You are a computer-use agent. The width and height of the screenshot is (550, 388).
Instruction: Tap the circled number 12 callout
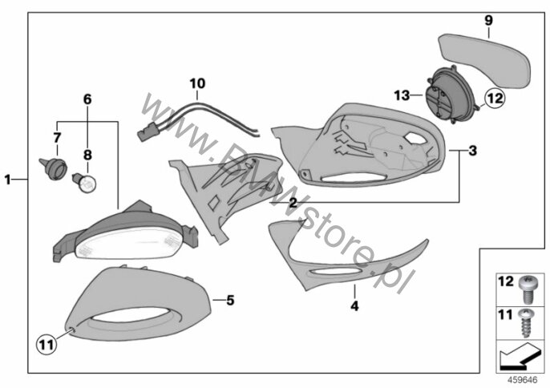[495, 98]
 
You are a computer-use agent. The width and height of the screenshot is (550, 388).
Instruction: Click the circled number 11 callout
[47, 344]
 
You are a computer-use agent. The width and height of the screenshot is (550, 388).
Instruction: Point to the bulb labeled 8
[85, 183]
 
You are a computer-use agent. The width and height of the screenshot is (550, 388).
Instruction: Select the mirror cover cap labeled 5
[139, 304]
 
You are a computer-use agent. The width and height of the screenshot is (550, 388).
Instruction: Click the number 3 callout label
[472, 151]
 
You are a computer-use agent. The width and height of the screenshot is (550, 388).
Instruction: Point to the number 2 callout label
[293, 203]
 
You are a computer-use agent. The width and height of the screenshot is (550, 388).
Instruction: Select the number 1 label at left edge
[7, 180]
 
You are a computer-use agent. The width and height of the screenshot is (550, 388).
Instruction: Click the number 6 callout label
[87, 99]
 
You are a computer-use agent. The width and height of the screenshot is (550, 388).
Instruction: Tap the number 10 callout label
[197, 83]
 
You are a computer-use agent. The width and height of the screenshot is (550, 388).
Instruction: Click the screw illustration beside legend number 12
[527, 289]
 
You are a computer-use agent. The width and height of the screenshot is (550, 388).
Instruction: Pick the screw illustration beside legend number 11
[526, 323]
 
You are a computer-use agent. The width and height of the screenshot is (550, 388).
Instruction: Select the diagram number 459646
[523, 380]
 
